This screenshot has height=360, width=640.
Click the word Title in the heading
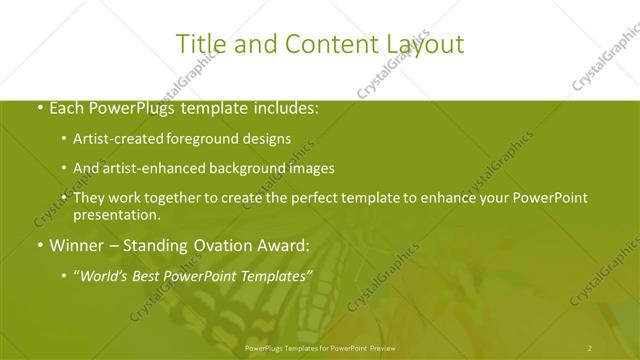199,44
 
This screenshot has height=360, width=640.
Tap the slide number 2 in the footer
590,348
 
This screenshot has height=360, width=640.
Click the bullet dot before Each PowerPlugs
39,108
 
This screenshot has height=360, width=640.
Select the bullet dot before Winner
39,245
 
